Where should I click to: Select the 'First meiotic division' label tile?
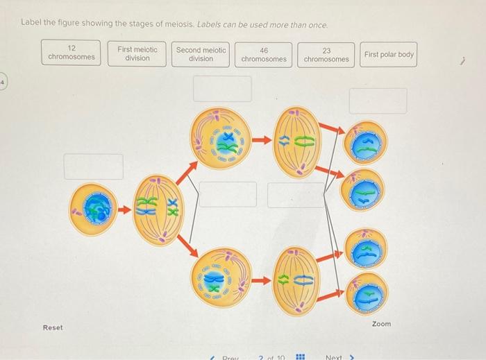point(137,53)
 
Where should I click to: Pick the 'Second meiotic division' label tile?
point(201,53)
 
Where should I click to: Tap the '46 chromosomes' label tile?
point(264,54)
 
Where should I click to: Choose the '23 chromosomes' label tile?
point(326,54)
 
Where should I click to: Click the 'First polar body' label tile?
point(389,54)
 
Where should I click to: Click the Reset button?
point(53,327)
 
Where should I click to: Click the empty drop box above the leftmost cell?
point(94,166)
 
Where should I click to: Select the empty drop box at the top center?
point(222,89)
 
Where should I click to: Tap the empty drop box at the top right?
point(378,101)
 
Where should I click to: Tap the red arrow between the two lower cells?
point(261,281)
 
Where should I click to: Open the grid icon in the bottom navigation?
point(301,357)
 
